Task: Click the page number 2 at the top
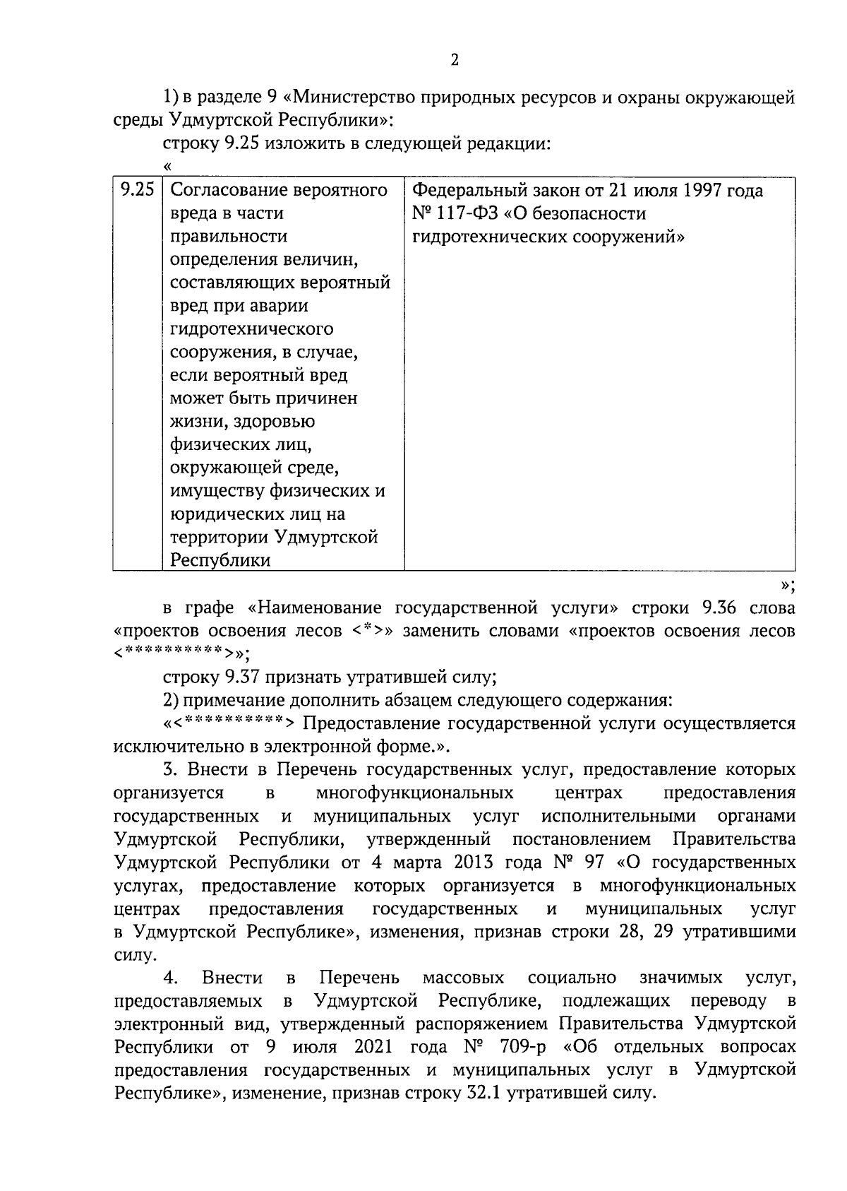pyautogui.click(x=455, y=61)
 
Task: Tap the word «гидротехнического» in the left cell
pyautogui.click(x=252, y=329)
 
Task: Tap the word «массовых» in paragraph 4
pyautogui.click(x=463, y=978)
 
